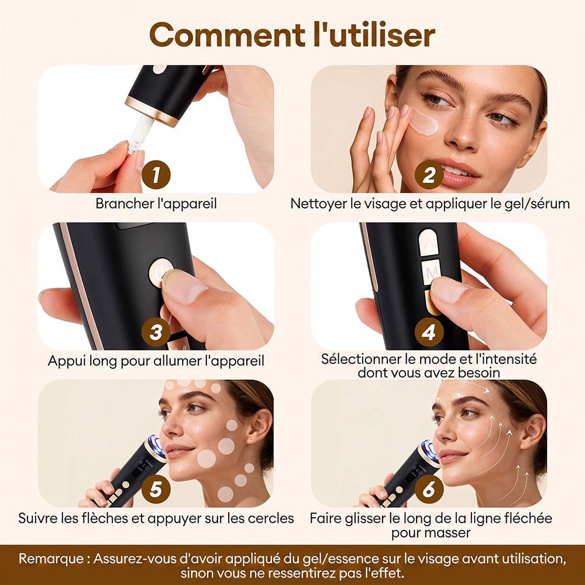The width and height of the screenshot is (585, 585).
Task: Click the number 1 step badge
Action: click(156, 174)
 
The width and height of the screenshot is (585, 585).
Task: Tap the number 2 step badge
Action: click(429, 174)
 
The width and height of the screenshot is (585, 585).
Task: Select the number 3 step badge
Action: click(156, 332)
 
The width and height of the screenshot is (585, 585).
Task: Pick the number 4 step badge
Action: click(429, 332)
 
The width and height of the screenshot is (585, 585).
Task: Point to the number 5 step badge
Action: click(156, 489)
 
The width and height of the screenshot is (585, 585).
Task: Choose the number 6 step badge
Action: click(429, 489)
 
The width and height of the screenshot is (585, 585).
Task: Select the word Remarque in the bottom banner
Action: click(51, 559)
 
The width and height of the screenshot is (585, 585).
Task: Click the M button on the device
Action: click(431, 273)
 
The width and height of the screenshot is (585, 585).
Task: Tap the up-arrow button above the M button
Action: click(429, 243)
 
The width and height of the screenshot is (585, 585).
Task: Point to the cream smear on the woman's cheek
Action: click(424, 122)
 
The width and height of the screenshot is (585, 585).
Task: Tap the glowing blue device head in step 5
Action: click(157, 446)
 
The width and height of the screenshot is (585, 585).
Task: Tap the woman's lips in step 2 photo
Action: click(458, 173)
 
